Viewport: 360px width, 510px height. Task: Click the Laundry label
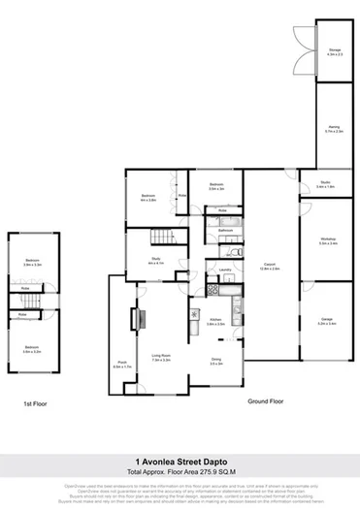[223, 270]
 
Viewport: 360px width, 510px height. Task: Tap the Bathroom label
[224, 230]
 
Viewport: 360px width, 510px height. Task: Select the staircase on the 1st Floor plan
[33, 301]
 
